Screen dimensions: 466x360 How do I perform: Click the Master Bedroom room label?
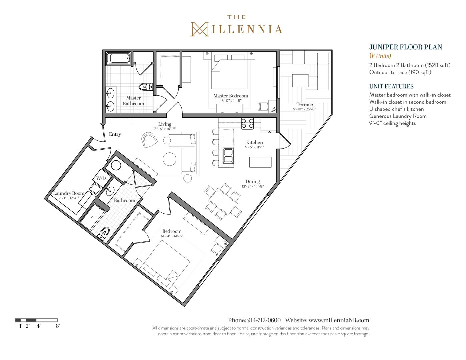[x=231, y=96]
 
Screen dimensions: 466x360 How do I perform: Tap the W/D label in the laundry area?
[x=101, y=178]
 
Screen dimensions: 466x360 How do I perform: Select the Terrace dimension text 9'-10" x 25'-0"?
[x=305, y=109]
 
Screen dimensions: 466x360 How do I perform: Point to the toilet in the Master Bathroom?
[x=146, y=87]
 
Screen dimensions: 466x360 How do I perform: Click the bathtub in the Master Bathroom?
[x=118, y=58]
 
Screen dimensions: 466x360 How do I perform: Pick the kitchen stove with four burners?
[x=247, y=124]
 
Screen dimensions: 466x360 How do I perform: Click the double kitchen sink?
[x=228, y=156]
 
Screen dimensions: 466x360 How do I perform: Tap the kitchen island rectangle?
[x=260, y=162]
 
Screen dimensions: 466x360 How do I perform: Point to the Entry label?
[x=115, y=134]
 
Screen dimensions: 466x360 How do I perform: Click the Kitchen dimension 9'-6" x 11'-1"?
[x=255, y=147]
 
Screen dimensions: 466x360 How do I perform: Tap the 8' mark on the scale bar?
[x=58, y=326]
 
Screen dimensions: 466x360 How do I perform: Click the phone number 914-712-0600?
[x=264, y=320]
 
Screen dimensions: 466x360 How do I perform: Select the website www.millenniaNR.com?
[x=339, y=320]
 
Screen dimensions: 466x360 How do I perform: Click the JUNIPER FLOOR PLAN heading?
[x=406, y=47]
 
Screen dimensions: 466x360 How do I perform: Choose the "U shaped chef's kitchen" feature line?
[x=396, y=109]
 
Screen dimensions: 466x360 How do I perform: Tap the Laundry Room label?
[x=69, y=193]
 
